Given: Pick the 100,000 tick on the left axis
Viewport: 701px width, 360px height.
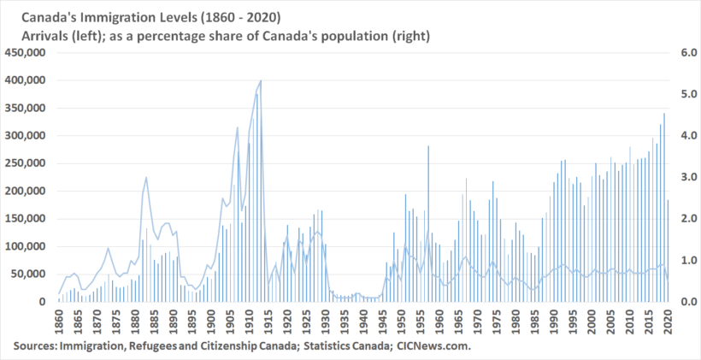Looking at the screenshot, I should coord(28,246).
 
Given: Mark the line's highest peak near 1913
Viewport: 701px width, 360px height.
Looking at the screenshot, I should coord(261,80).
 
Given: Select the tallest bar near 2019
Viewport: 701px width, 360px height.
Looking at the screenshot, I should coord(664,115).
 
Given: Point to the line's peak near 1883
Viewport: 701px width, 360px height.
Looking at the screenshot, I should coord(146,177).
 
